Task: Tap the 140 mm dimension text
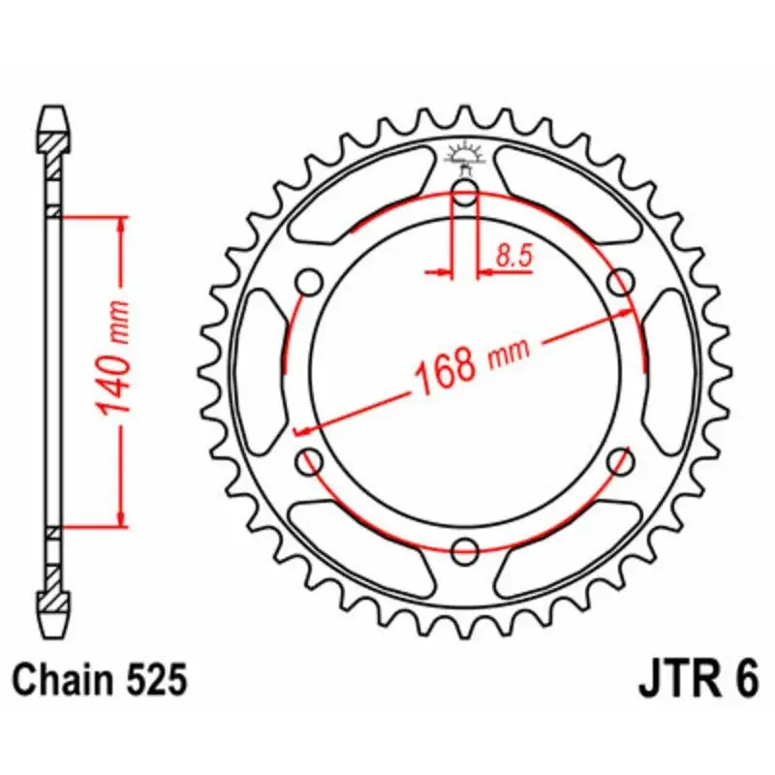[x=113, y=356]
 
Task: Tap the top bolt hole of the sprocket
[x=465, y=193]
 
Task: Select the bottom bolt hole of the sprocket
[x=465, y=551]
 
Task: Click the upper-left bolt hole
[x=309, y=283]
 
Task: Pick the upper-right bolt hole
[x=620, y=283]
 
